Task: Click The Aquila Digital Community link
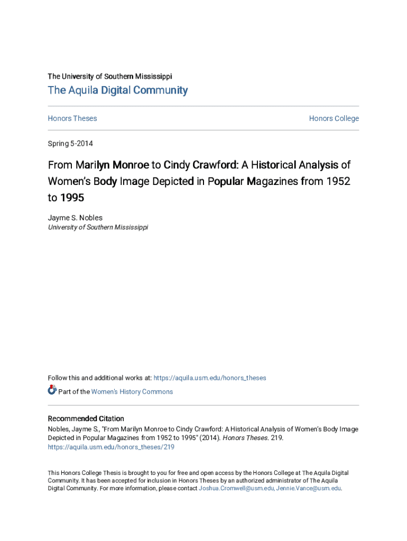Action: pos(117,90)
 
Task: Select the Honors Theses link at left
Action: pos(72,118)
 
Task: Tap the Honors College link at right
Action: pos(334,118)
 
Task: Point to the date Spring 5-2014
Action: pos(70,144)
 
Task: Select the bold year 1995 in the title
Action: pos(72,198)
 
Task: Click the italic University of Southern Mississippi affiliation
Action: pos(98,227)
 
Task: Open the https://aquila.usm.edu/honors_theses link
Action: pos(210,378)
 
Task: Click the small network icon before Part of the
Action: pos(52,390)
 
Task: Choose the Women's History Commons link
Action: pos(132,391)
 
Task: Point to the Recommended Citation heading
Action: pos(86,418)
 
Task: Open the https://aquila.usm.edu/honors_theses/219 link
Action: pos(110,447)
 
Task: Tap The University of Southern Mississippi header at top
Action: pos(109,76)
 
